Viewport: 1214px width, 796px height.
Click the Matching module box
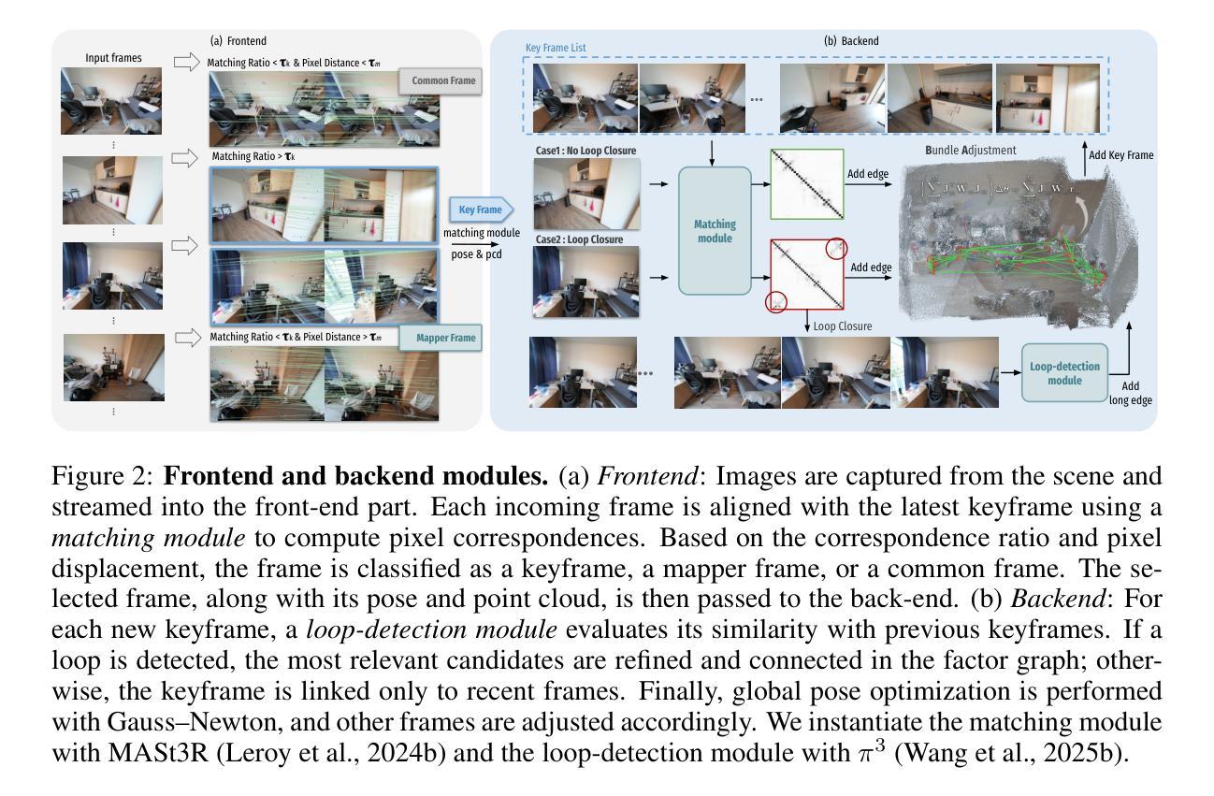715,231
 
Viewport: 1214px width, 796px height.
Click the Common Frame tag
442,81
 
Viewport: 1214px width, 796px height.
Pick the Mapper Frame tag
441,339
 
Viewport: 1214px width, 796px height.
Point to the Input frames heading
113,58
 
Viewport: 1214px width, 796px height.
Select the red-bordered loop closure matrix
806,274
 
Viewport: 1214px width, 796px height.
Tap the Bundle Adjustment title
970,150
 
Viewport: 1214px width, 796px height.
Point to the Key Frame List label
556,47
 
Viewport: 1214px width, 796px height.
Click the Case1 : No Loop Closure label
585,150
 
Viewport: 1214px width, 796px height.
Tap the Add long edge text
1130,393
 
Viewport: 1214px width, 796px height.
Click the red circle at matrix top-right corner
835,248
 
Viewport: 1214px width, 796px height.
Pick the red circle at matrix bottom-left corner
776,301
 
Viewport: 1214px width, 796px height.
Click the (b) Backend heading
850,41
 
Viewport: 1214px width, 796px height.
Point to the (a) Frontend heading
238,41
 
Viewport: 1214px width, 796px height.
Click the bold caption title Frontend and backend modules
355,476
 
